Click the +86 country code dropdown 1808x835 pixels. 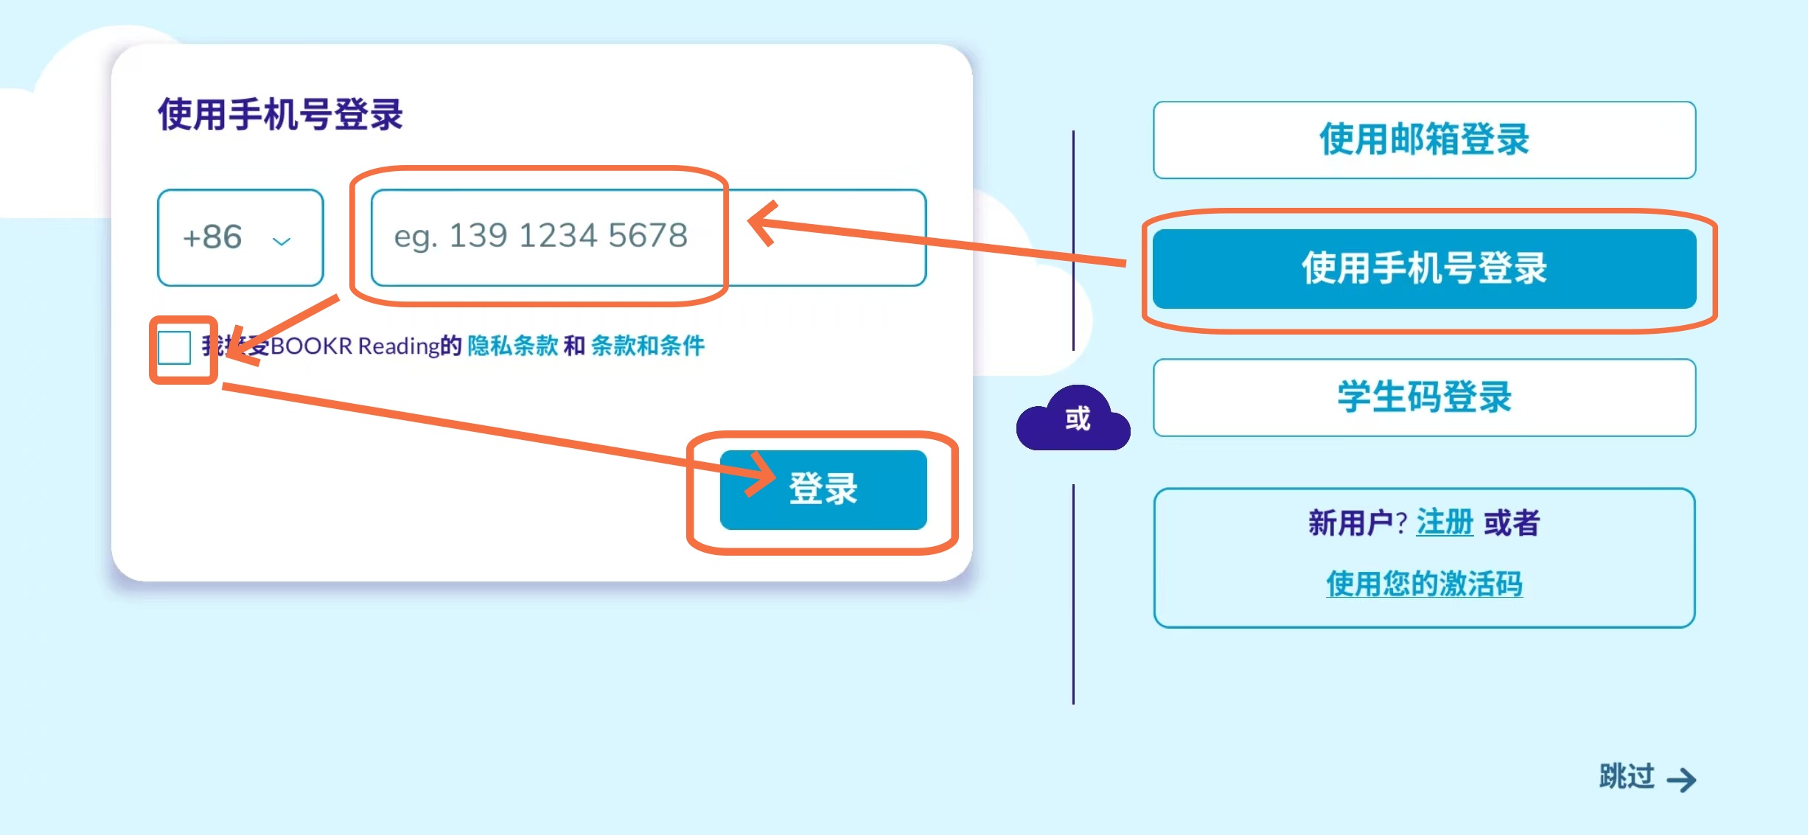[x=240, y=237]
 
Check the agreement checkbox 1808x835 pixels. [x=175, y=347]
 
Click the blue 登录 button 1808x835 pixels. [x=823, y=489]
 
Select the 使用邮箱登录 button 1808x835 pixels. [x=1423, y=140]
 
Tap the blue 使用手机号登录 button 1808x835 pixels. [x=1423, y=268]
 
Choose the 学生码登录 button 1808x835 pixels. [x=1423, y=397]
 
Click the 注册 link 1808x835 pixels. [x=1444, y=523]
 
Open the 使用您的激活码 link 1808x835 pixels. [x=1423, y=584]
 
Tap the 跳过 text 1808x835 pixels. [x=1627, y=777]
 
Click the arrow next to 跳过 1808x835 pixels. [x=1681, y=780]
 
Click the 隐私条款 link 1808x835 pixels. [x=512, y=346]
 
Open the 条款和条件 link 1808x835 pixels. [x=647, y=346]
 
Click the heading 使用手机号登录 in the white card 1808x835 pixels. [x=280, y=115]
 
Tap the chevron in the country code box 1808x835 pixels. [x=282, y=241]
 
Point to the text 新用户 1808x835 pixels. [x=1350, y=523]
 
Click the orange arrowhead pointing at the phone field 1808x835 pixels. [x=763, y=222]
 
